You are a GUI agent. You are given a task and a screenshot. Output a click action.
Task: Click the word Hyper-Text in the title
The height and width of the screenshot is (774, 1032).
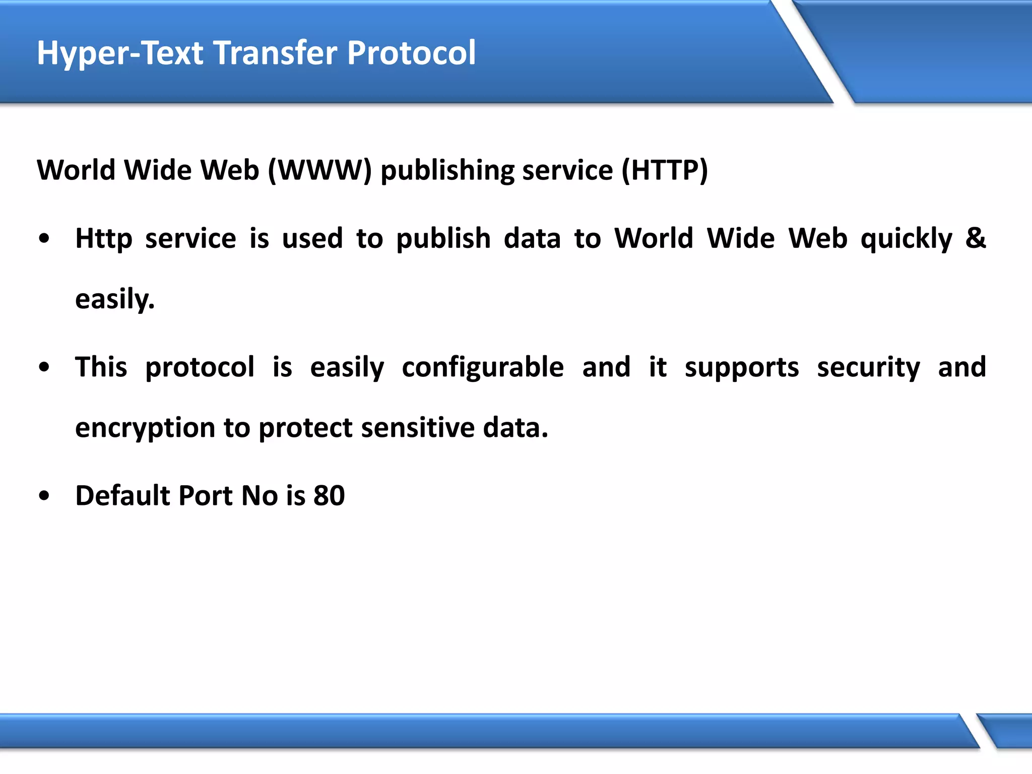(x=120, y=53)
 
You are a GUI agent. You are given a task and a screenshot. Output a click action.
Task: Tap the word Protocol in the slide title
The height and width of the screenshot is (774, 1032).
(x=411, y=52)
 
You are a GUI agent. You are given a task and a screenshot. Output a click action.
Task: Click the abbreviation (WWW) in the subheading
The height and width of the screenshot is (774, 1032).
(x=319, y=170)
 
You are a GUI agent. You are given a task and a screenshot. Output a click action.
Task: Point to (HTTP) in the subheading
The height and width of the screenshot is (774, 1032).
(x=665, y=170)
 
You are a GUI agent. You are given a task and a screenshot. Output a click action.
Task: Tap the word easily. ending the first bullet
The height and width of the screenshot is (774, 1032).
(x=115, y=299)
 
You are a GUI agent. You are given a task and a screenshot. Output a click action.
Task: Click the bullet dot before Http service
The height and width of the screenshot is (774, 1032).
(x=44, y=239)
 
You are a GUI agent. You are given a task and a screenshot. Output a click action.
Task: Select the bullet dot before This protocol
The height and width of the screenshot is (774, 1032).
(x=44, y=367)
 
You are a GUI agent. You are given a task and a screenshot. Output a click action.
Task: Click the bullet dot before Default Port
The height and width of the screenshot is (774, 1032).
(x=44, y=496)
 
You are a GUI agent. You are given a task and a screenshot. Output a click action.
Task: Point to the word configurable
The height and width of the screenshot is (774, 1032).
(x=483, y=367)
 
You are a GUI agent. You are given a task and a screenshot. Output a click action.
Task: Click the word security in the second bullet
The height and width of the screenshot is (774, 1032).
(x=868, y=367)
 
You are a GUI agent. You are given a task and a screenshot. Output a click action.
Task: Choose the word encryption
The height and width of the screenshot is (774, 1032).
(x=145, y=428)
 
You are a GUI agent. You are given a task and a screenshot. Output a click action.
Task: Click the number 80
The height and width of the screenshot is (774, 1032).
(x=329, y=495)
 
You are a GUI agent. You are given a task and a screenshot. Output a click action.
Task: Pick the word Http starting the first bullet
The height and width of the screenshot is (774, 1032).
(x=104, y=239)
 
